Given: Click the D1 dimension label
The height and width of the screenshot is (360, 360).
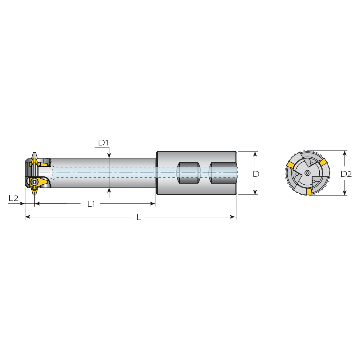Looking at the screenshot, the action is [103, 143].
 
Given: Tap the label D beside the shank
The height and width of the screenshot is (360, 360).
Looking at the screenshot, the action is [256, 174].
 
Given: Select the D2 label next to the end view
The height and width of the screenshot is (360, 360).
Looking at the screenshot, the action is [346, 174].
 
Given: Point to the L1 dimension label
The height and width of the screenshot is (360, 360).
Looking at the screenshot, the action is [91, 204].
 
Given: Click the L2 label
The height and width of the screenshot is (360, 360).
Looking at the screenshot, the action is [13, 198].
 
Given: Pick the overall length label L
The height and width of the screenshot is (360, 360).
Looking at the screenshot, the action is [139, 217].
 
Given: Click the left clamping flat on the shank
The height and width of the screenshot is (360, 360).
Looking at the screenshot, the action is [188, 173].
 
